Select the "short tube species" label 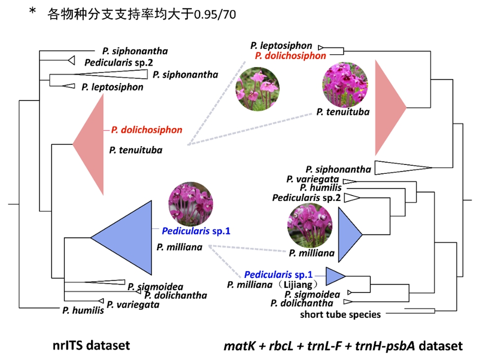click(340, 314)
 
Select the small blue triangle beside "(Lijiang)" click(335, 276)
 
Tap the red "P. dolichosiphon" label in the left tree click(147, 130)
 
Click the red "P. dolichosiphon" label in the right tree click(290, 56)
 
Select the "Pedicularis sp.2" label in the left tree click(112, 63)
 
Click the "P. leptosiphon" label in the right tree click(281, 46)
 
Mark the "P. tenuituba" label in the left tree click(136, 150)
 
